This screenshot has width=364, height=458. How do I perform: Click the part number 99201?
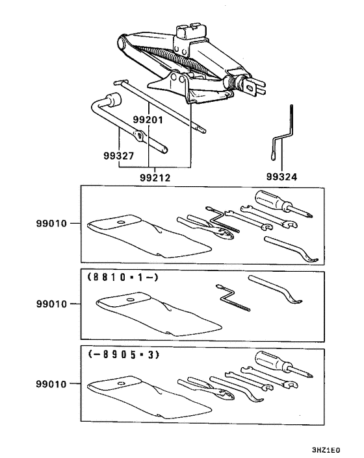pyautogui.click(x=148, y=119)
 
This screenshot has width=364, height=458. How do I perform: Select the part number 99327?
pyautogui.click(x=118, y=156)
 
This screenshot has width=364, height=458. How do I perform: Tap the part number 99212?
pyautogui.click(x=155, y=177)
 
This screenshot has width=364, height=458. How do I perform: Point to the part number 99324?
pyautogui.click(x=281, y=176)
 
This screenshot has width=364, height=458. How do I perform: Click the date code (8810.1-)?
pyautogui.click(x=123, y=277)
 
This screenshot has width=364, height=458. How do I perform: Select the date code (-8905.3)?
pyautogui.click(x=123, y=355)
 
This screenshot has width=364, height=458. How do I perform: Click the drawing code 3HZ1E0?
pyautogui.click(x=326, y=450)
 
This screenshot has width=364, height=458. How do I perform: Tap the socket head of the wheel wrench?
pyautogui.click(x=114, y=99)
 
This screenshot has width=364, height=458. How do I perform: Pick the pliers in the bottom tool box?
pyautogui.click(x=205, y=388)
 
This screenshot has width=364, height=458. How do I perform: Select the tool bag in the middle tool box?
pyautogui.click(x=158, y=313)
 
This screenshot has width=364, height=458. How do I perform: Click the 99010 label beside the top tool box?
pyautogui.click(x=51, y=223)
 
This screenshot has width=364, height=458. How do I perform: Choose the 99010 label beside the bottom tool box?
pyautogui.click(x=51, y=384)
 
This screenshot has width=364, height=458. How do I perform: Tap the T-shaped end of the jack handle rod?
pyautogui.click(x=121, y=82)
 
